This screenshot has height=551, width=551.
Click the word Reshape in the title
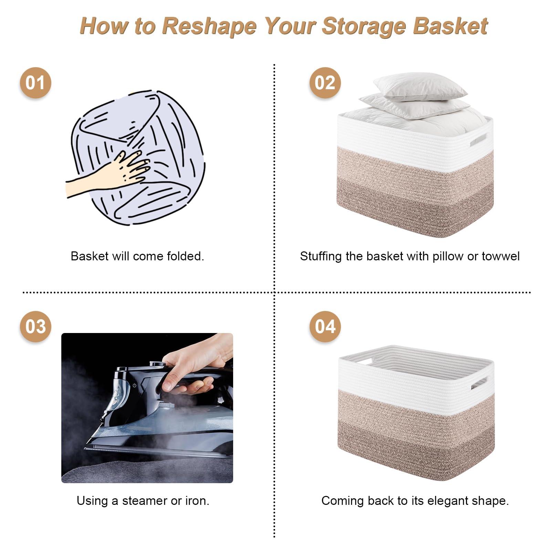pos(209,27)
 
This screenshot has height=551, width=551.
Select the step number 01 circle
pos(35,83)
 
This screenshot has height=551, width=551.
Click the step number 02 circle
pos(325,83)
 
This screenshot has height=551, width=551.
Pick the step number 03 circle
pos(35,326)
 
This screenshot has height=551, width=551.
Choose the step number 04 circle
pos(325,326)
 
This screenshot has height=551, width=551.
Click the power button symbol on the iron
pos(134,385)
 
